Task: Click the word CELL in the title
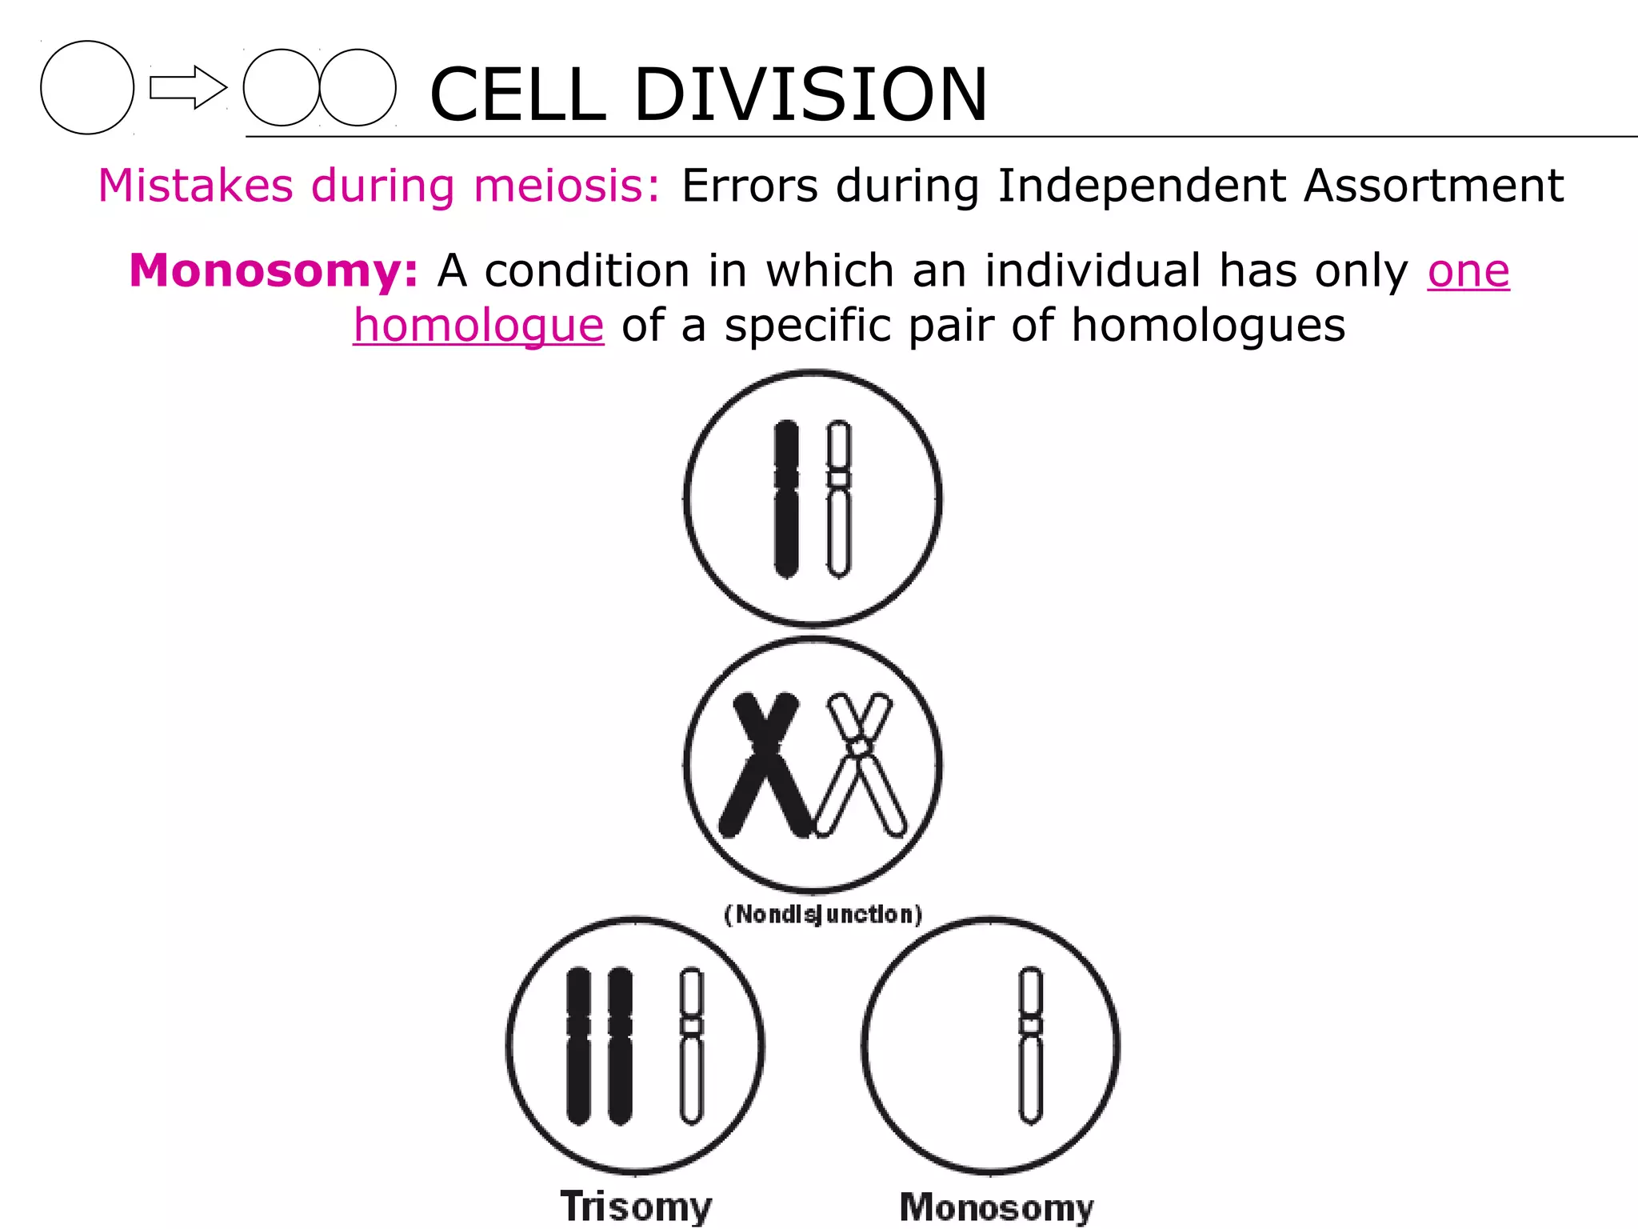click(517, 94)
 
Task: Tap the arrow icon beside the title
click(188, 87)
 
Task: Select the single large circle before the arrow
click(87, 87)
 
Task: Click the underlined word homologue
click(478, 326)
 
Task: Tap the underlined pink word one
click(1468, 270)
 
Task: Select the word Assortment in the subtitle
click(1432, 186)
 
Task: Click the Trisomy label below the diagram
click(636, 1206)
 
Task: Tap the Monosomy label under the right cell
click(996, 1207)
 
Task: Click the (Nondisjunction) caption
click(823, 914)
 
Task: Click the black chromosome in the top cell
click(786, 498)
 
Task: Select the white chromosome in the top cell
click(838, 498)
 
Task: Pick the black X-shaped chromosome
click(765, 764)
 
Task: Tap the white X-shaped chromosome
click(860, 764)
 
